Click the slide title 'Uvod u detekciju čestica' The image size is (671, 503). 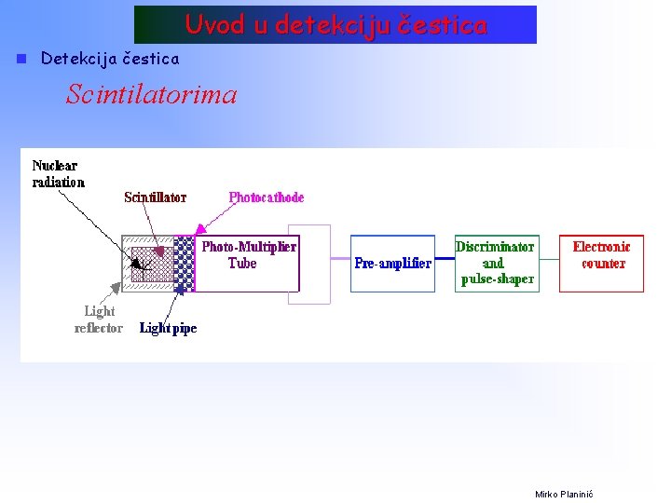[x=335, y=25]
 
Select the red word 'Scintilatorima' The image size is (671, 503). [x=151, y=94]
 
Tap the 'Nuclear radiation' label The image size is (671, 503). [x=58, y=174]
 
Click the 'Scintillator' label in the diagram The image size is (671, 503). [x=156, y=197]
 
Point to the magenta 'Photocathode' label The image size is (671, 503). [x=267, y=197]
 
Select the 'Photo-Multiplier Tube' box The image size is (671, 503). [x=249, y=264]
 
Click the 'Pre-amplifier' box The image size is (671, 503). [x=392, y=264]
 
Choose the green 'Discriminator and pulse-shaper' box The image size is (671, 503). [x=496, y=263]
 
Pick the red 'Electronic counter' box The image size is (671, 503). [x=601, y=263]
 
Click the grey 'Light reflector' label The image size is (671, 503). [x=99, y=319]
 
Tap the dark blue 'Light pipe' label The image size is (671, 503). [x=169, y=328]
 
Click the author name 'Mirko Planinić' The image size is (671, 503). [x=564, y=494]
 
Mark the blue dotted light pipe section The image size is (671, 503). [x=185, y=265]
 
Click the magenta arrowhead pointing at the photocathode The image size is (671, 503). [x=199, y=228]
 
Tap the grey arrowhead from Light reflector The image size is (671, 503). [x=116, y=287]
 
